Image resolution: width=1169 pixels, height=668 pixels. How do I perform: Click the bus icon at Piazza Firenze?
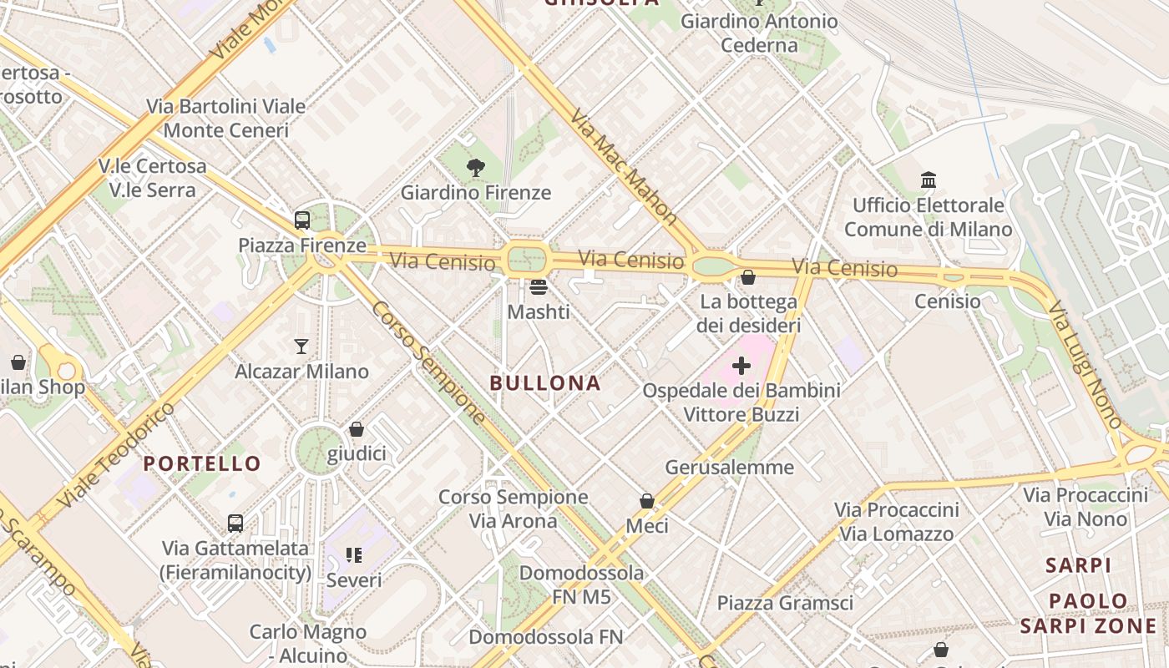pos(302,221)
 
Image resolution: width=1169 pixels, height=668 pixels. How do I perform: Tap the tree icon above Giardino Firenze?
pos(476,168)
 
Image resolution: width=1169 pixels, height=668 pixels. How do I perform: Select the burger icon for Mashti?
pos(539,288)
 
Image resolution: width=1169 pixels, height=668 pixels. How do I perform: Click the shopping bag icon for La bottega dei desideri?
pos(748,277)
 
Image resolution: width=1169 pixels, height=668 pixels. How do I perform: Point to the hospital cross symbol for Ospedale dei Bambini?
pos(741,366)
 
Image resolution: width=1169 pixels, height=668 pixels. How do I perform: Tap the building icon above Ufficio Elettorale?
pos(928,180)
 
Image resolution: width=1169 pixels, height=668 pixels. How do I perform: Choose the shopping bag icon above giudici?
pos(357,429)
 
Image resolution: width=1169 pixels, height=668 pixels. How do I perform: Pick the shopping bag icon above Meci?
pos(647,501)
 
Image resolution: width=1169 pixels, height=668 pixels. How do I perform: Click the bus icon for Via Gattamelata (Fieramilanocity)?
pos(236,524)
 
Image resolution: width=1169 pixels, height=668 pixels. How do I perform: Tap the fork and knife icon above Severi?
pos(354,555)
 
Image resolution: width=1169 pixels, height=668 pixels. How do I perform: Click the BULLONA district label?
pos(545,383)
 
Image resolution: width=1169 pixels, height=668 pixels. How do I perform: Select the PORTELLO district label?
pos(202,463)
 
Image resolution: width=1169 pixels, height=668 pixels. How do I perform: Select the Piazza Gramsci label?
pos(785,603)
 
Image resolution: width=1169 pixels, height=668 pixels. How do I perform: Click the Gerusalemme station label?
pos(729,467)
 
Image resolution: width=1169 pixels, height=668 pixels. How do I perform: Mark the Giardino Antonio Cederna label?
pos(759,33)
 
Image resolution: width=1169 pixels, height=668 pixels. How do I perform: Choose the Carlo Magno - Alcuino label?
pos(307,644)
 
